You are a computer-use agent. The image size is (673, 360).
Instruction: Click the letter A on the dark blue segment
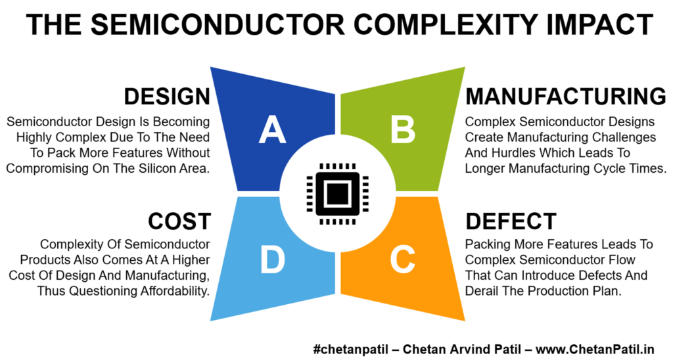click(x=273, y=129)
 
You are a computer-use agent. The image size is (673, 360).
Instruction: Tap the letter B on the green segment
click(x=403, y=129)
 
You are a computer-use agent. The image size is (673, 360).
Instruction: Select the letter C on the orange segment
click(x=403, y=259)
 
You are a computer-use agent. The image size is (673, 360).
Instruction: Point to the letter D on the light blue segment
click(x=273, y=259)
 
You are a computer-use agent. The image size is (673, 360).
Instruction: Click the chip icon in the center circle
click(x=337, y=194)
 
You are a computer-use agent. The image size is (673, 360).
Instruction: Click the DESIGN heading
click(x=167, y=97)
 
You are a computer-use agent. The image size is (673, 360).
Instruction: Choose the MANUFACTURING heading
click(x=566, y=97)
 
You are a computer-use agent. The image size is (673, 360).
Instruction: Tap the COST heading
click(x=179, y=221)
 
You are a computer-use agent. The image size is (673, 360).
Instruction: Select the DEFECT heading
click(x=511, y=221)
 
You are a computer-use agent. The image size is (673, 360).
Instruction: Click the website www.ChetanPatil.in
click(x=595, y=349)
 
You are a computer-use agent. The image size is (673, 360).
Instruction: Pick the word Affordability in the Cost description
click(x=175, y=291)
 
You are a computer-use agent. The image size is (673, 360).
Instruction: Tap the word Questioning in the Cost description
click(x=103, y=291)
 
